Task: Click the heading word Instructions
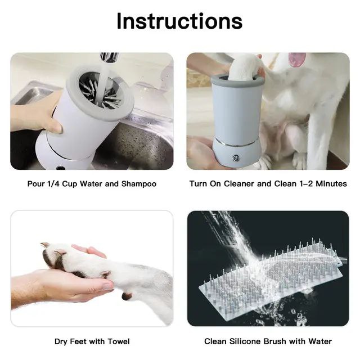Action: [x=179, y=21]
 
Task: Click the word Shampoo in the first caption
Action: [x=139, y=184]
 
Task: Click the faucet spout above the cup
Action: [x=109, y=58]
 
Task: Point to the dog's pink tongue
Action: [x=296, y=59]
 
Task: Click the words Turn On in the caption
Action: [x=204, y=184]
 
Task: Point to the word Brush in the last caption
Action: [x=283, y=341]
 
